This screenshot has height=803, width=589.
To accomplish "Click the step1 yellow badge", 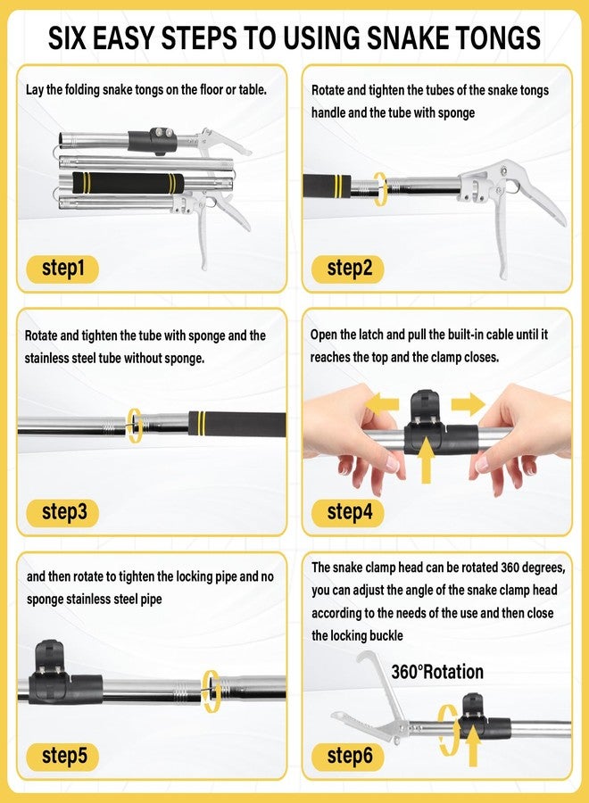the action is [62, 269].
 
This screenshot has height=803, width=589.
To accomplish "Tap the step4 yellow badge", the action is [348, 513].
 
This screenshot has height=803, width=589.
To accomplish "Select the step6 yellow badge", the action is [348, 757].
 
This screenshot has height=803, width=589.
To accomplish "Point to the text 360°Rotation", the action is [437, 672].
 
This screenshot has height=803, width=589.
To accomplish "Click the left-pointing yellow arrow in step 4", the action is [382, 403].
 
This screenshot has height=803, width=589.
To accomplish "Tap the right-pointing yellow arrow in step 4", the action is [468, 404].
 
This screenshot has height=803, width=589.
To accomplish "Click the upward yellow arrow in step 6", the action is [473, 746].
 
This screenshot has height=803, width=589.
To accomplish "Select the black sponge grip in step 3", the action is [236, 424].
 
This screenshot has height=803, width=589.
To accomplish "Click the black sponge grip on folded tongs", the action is [128, 183].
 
